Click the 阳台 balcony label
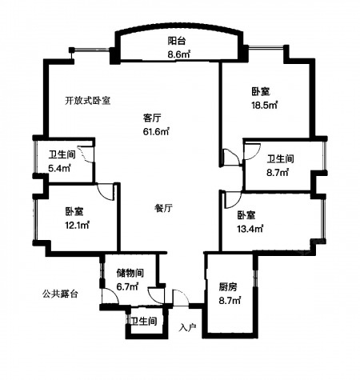(x=177, y=41)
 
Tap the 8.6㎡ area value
(x=178, y=54)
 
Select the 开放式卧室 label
(x=88, y=101)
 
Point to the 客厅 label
(x=152, y=118)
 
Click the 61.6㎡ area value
(x=156, y=131)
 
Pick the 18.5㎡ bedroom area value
(x=265, y=105)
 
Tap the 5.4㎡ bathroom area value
(x=59, y=168)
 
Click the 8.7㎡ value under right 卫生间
(x=278, y=173)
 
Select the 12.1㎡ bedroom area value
(x=77, y=226)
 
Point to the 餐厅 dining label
(x=163, y=208)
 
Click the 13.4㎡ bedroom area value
(x=250, y=229)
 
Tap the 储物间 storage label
(x=130, y=273)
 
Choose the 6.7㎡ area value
(x=127, y=286)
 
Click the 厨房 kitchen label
(x=228, y=287)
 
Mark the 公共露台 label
(x=60, y=294)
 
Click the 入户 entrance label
(x=188, y=327)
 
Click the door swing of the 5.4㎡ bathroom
(x=86, y=154)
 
